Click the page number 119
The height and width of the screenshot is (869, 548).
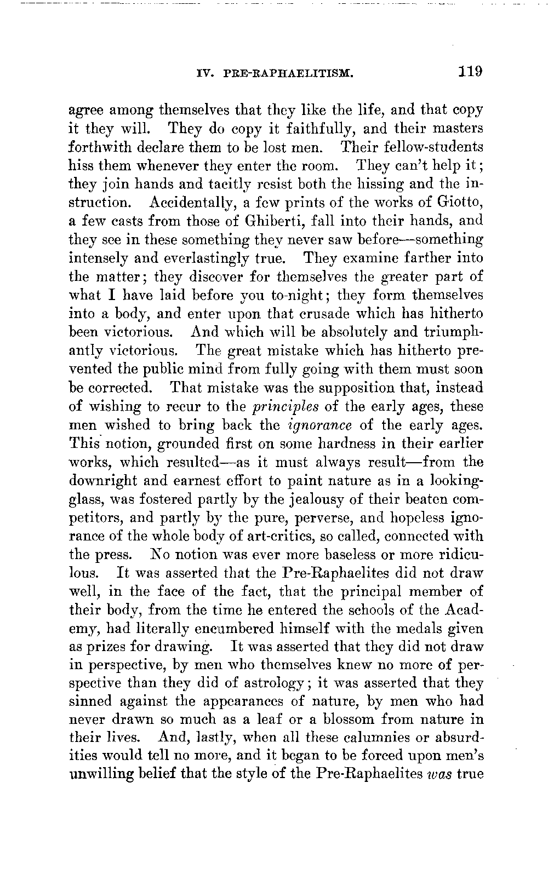470,72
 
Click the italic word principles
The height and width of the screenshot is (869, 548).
284,407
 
